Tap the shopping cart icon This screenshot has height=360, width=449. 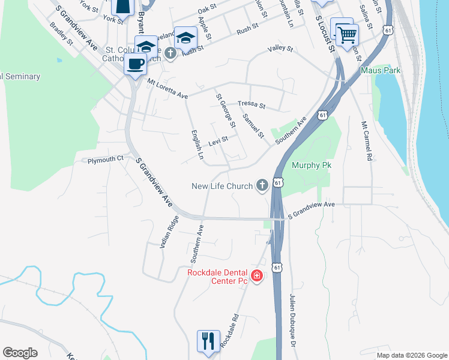(346, 34)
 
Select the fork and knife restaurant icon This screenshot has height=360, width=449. (208, 341)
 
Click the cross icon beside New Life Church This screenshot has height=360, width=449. (262, 186)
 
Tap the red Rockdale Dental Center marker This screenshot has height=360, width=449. (257, 276)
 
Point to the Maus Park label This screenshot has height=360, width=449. (381, 70)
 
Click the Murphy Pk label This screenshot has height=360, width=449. (312, 165)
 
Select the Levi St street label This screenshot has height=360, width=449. (218, 142)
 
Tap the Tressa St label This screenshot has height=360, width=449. (252, 104)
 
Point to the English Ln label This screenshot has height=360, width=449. (196, 145)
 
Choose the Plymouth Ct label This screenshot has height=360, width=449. (105, 160)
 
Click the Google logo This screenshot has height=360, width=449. (20, 353)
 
